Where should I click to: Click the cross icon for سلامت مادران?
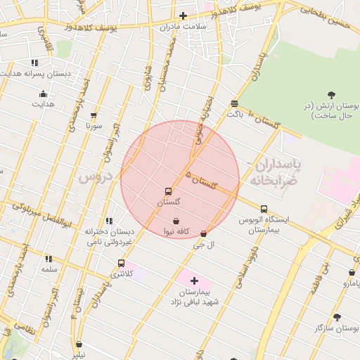click(x=183, y=15)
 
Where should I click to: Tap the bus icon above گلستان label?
click(x=168, y=191)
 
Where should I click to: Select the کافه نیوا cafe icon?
click(x=175, y=221)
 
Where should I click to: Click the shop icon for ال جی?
click(x=204, y=233)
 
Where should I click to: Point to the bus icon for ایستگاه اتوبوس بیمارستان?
click(x=264, y=209)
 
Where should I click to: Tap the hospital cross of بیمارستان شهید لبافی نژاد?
click(x=195, y=281)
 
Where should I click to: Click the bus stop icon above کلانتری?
click(x=121, y=263)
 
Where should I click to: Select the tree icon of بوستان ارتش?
click(x=331, y=95)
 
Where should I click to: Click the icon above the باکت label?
click(x=234, y=103)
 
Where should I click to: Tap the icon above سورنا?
click(x=94, y=115)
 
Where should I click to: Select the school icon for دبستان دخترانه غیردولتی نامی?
click(x=108, y=221)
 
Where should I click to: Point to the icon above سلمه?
click(x=49, y=259)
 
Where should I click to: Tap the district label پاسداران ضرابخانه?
click(x=274, y=172)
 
